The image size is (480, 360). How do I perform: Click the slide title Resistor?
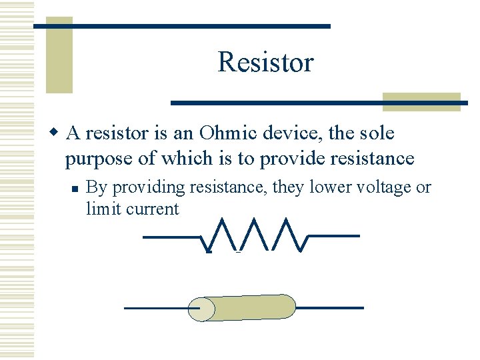coord(265,63)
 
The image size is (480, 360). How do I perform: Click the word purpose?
coord(94,159)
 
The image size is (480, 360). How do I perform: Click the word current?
coord(152,209)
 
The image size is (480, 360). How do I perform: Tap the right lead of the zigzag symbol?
coord(333,235)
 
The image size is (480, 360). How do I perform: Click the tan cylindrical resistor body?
coord(253,307)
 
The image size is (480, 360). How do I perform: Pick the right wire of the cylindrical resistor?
coord(329,307)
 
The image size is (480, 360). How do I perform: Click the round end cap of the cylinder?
coord(201,309)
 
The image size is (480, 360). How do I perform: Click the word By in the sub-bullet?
coord(96,188)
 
